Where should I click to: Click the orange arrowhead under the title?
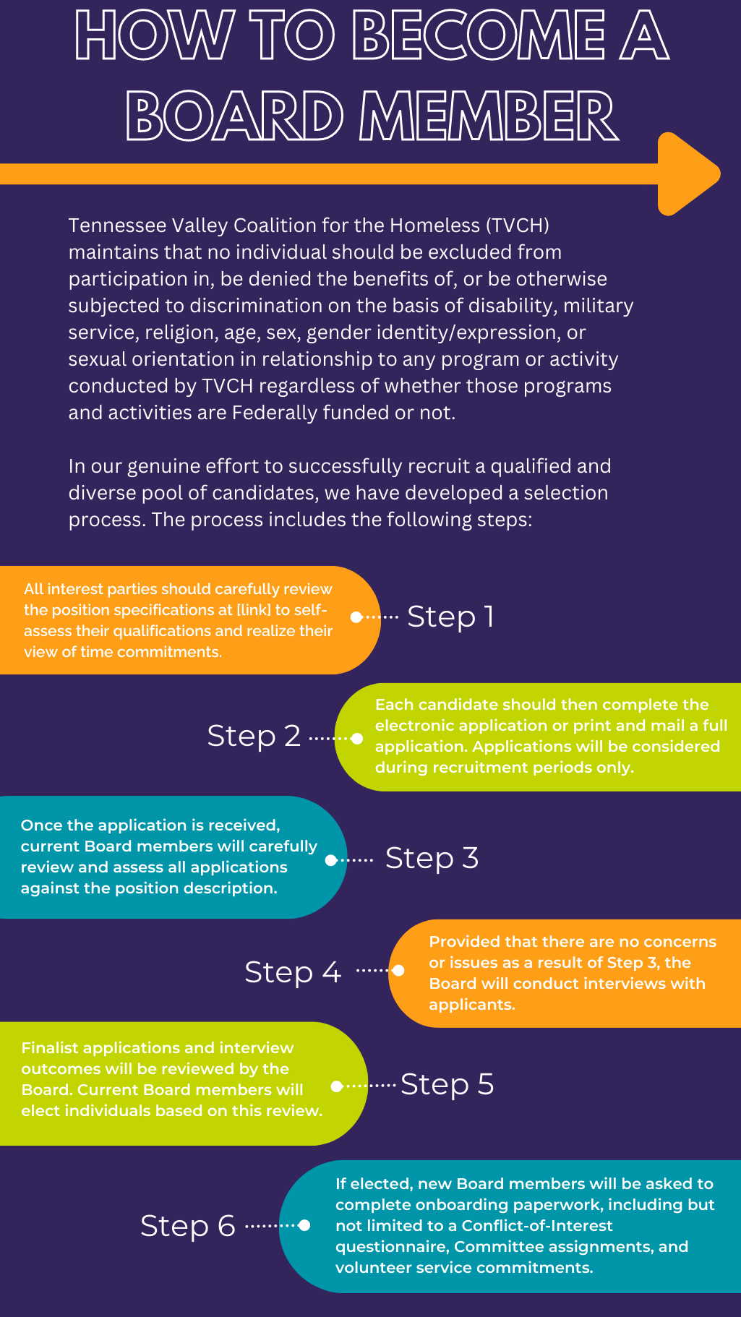[687, 173]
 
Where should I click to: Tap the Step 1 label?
[450, 617]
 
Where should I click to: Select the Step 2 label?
[254, 736]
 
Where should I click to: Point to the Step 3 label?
[432, 858]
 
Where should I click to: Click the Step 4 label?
[293, 972]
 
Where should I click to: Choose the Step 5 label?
[447, 1084]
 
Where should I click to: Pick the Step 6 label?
[188, 1226]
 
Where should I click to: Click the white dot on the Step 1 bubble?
[356, 617]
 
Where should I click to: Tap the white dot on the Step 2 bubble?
[357, 739]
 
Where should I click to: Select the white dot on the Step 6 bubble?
[304, 1225]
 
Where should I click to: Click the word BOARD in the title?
[235, 116]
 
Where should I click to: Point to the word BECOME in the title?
[479, 35]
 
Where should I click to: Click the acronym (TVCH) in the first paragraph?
[518, 226]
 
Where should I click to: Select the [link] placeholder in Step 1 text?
[254, 610]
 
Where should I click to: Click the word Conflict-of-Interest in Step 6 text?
[537, 1226]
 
